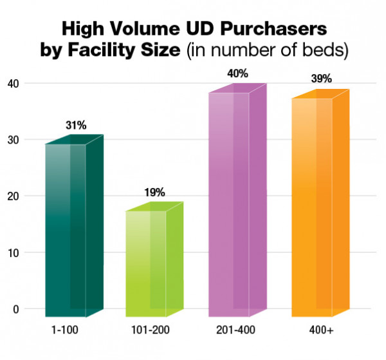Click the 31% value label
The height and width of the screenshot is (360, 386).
pyautogui.click(x=75, y=125)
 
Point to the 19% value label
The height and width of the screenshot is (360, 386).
pyautogui.click(x=155, y=192)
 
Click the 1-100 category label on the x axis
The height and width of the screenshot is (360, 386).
pyautogui.click(x=66, y=330)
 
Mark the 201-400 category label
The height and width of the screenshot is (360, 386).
pyautogui.click(x=228, y=330)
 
